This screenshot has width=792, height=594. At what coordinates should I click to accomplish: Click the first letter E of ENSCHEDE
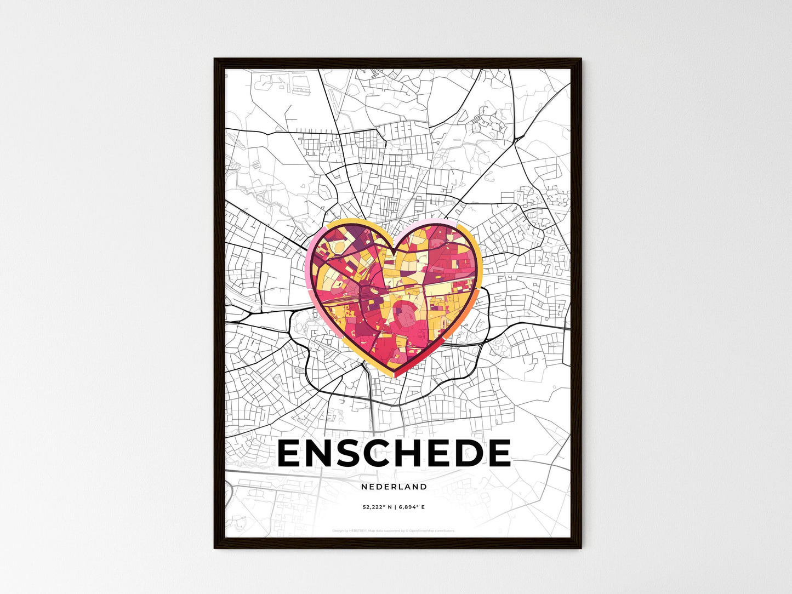(292, 454)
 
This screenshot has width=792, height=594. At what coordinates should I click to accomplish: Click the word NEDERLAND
(394, 487)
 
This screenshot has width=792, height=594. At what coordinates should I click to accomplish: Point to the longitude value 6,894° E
(412, 507)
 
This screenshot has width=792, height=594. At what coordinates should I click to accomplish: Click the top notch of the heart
(394, 253)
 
